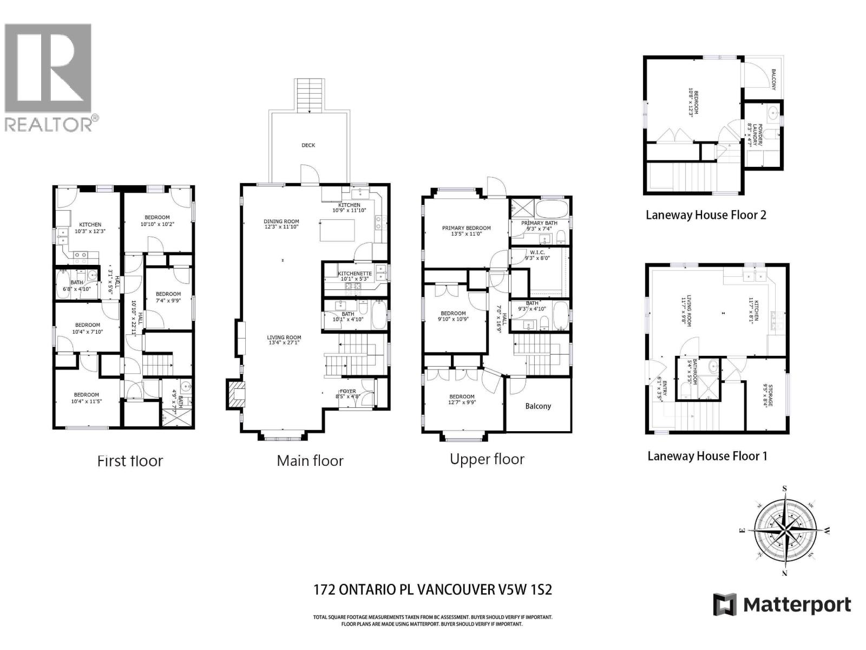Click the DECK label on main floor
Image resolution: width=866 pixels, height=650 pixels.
point(308,145)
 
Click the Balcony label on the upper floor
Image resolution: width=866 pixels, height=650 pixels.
point(538,406)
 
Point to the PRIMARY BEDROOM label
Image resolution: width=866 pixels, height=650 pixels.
point(466,228)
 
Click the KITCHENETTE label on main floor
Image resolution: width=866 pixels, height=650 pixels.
point(355,274)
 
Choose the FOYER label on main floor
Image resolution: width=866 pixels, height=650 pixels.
point(347,391)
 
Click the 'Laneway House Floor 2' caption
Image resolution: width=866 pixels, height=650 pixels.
point(706,215)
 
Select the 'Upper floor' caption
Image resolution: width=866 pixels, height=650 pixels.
point(487,459)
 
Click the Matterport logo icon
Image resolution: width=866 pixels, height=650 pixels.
point(725,604)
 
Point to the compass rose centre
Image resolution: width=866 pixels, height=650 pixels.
point(784,531)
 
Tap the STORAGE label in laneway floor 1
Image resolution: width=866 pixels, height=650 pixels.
point(766,395)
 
